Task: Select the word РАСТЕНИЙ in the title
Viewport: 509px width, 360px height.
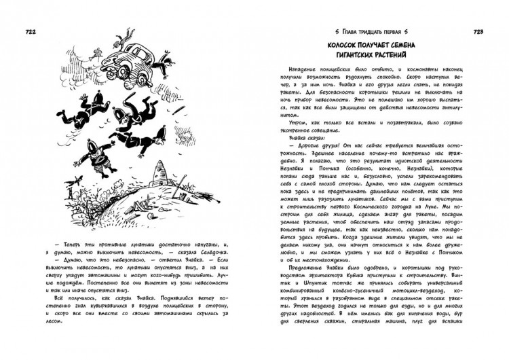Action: [x=409, y=58]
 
